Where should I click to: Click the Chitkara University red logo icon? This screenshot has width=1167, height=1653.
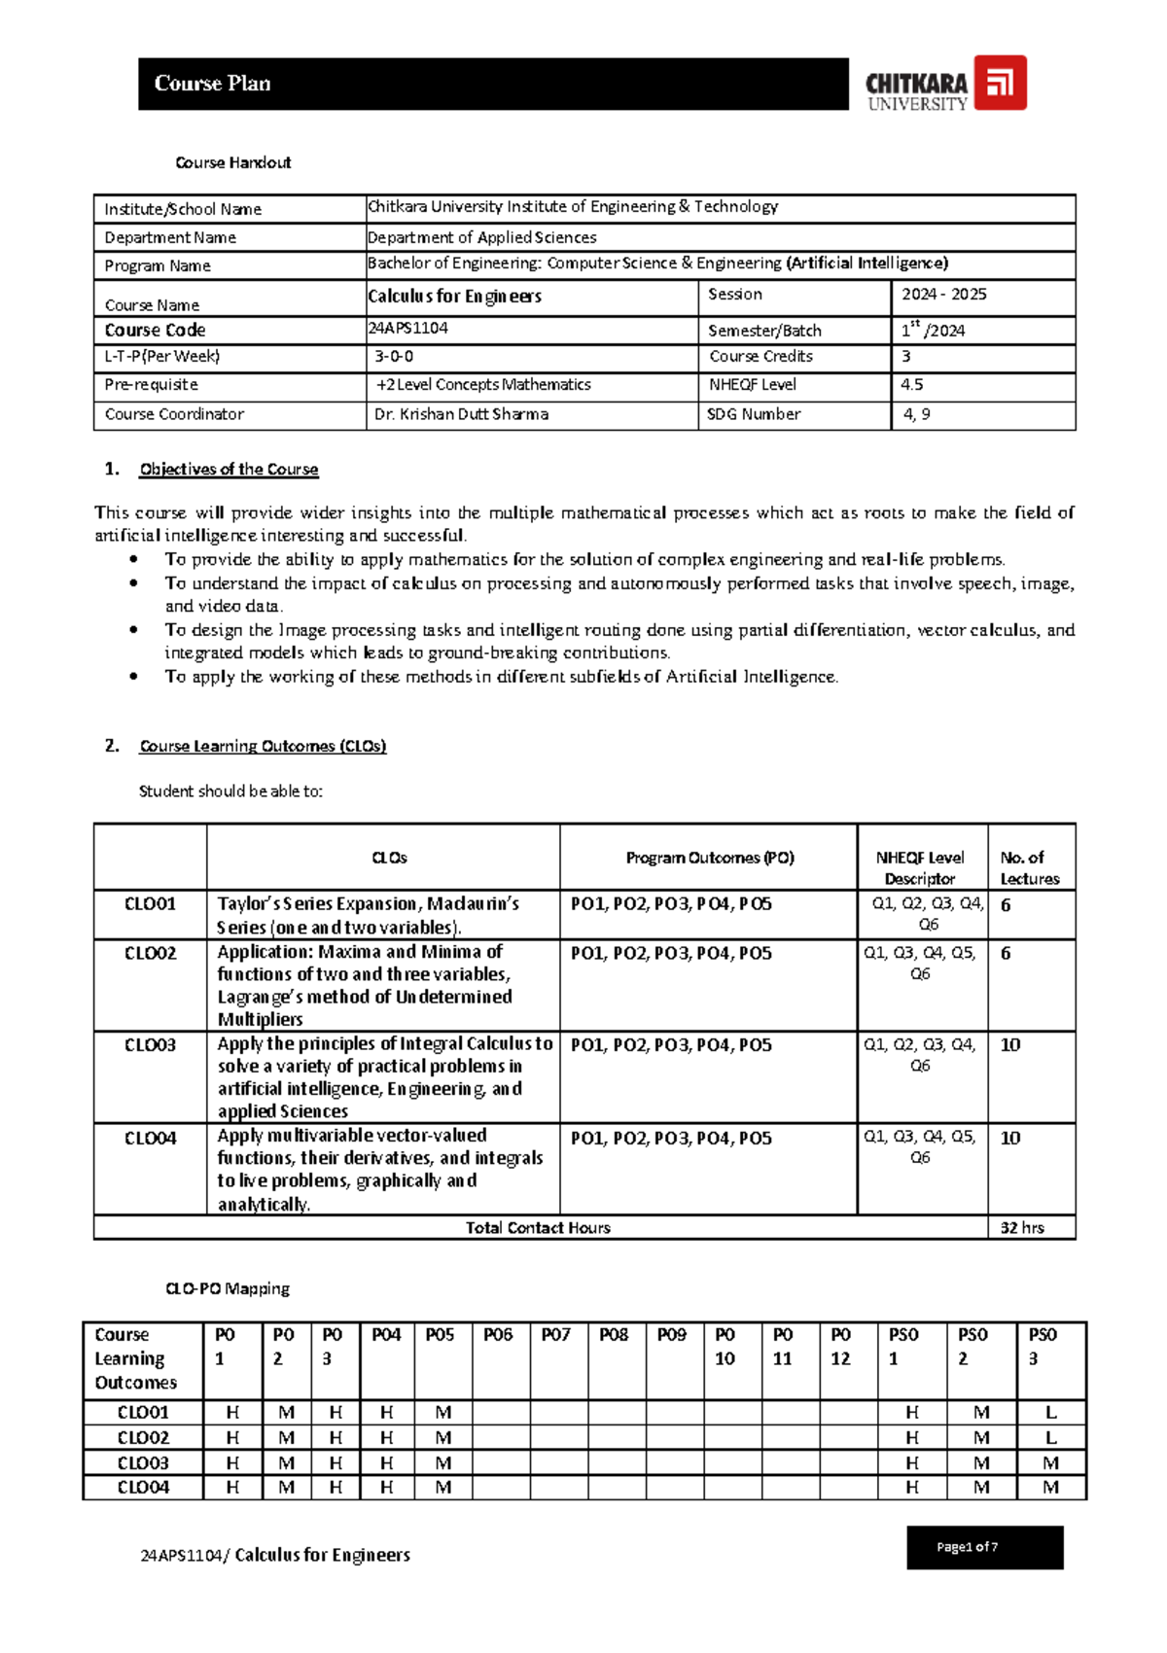coord(1000,83)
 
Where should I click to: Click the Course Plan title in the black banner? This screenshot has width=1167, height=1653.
coord(212,84)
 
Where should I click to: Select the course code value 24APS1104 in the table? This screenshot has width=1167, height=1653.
coord(407,329)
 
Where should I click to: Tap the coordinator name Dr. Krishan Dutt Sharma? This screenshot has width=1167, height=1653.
coord(461,414)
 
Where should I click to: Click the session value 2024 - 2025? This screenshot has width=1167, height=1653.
coord(943,295)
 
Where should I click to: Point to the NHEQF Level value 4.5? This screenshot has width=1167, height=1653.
coord(911,385)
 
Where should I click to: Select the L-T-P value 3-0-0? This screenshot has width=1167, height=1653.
coord(394,357)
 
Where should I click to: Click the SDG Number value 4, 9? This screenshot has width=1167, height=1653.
coord(916,414)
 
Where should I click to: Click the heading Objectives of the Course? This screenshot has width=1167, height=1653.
coord(229,470)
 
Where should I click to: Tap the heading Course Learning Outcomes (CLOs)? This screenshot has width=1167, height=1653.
coord(263,747)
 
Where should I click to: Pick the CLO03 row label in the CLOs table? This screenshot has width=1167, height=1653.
coord(150,1045)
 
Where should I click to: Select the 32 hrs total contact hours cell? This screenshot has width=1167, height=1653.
coord(1022,1228)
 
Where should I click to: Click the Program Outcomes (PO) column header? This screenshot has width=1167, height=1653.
coord(710,858)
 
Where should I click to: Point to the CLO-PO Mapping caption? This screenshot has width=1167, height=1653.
coord(228,1289)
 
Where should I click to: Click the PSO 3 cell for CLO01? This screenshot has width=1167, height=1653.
coord(1050,1413)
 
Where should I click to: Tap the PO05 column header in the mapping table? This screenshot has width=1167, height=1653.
coord(440,1335)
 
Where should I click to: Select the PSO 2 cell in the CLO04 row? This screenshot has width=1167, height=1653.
coord(981,1488)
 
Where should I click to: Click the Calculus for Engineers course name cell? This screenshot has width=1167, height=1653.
coord(454,297)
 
